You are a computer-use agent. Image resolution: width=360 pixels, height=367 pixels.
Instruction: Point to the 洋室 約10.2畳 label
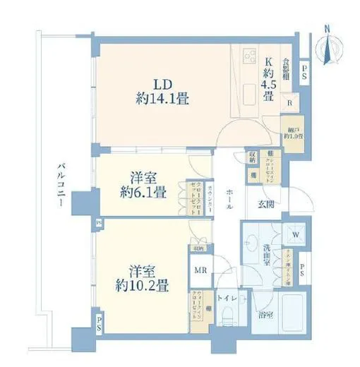click(142, 278)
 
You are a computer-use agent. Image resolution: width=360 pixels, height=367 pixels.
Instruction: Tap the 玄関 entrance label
click(267, 205)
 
